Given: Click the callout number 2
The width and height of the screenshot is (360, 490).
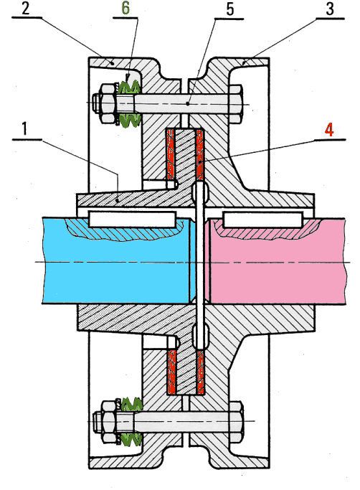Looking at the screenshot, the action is point(25,9).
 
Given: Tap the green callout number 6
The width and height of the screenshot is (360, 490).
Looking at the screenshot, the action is point(125,9).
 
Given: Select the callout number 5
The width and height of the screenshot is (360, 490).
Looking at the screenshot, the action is point(229,9).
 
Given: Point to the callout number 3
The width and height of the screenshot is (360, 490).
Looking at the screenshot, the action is point(330,9).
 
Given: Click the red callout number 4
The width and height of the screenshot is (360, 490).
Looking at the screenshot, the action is point(329,130).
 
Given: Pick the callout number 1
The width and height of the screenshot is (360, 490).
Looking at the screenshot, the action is point(25,128).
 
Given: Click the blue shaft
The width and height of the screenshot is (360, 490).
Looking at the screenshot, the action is point(116,261).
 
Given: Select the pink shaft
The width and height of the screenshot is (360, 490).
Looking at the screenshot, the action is point(278,261).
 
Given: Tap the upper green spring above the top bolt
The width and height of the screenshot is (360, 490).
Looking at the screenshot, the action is point(129,87).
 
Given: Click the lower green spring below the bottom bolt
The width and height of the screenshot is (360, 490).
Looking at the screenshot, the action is point(131,440).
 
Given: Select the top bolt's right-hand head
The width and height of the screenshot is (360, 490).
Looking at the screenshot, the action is point(236,104).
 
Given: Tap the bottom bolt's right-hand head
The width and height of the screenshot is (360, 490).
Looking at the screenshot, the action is point(237,421).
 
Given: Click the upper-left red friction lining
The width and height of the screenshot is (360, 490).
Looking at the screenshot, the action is point(170,154).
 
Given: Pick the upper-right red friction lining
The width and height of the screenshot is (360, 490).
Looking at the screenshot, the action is point(199,154).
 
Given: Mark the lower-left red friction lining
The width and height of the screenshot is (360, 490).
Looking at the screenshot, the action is point(171,372).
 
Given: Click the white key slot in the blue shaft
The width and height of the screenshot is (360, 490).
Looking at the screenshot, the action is point(132,219).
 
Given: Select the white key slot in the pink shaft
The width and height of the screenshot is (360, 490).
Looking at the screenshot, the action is point(263,220).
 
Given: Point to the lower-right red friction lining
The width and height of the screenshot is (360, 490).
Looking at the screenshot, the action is point(200,372).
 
